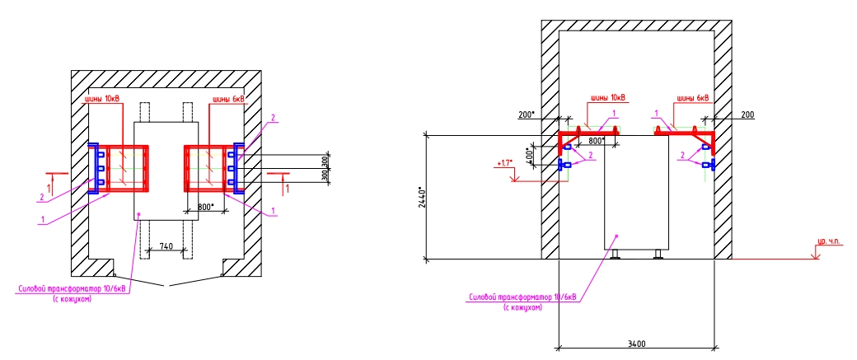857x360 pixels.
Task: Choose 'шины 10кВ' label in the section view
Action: tap(606, 97)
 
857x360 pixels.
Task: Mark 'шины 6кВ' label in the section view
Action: tap(692, 97)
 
